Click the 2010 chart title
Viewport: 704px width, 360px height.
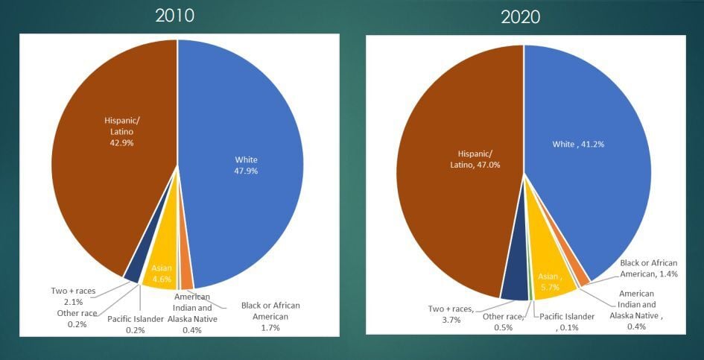pos(174,16)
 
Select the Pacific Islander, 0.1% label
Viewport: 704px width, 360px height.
pos(566,322)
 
